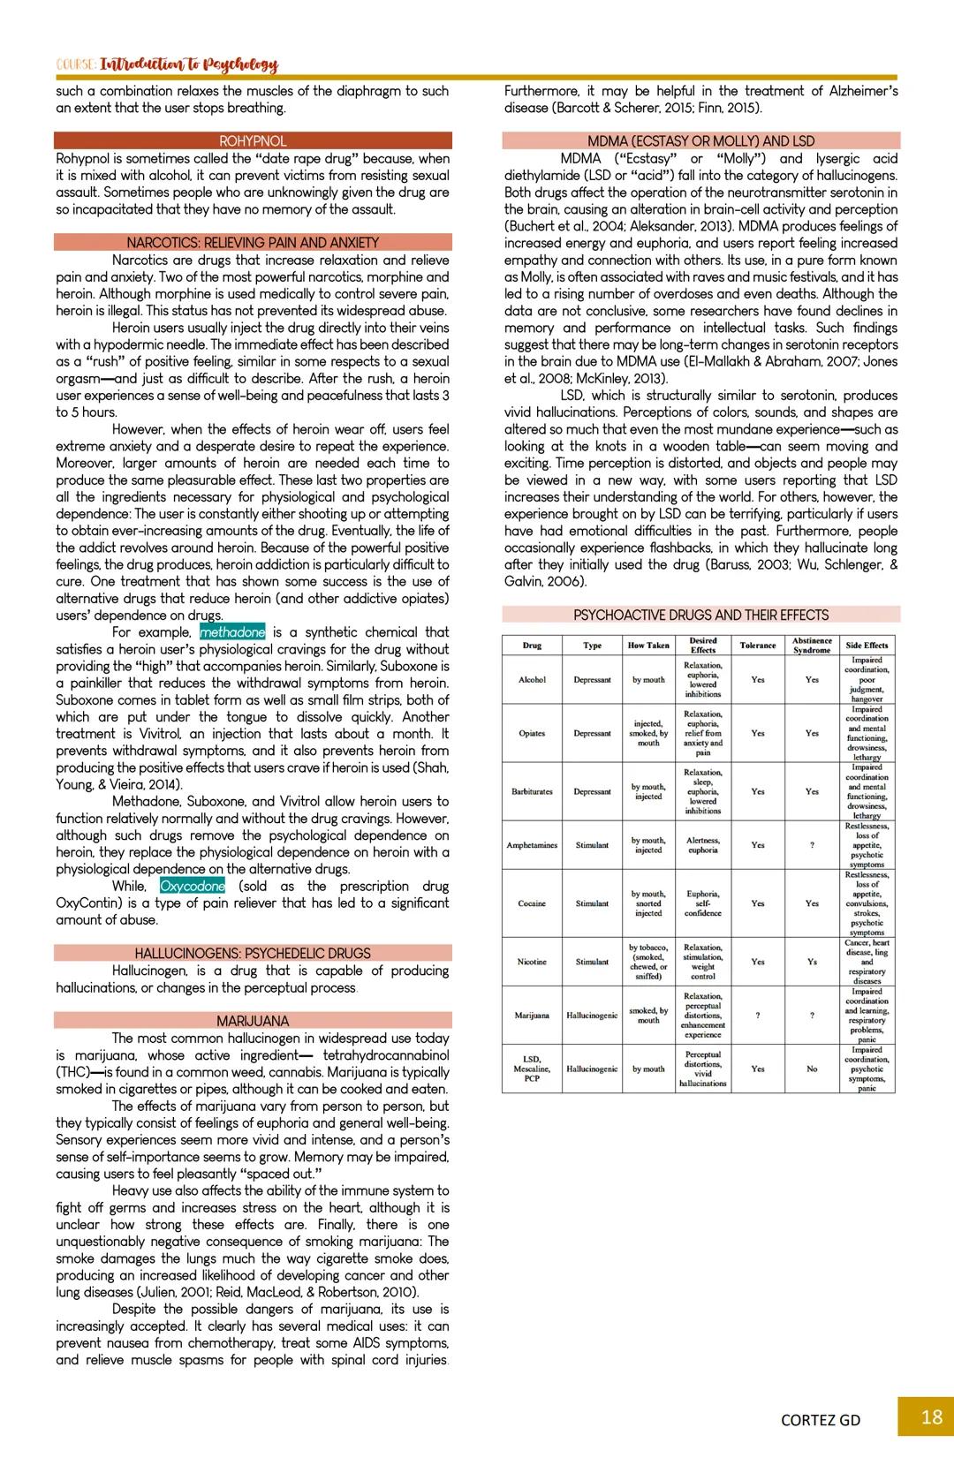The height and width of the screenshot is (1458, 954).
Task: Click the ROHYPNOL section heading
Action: point(253,141)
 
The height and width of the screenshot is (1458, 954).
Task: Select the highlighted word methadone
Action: point(232,632)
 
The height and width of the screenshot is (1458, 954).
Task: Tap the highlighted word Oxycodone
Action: point(193,887)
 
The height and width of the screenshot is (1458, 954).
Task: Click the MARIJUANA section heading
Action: point(253,1022)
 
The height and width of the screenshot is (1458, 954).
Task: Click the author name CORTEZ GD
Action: point(821,1420)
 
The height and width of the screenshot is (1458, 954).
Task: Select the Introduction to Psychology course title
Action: point(188,65)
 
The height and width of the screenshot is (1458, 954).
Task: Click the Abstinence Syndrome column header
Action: point(811,646)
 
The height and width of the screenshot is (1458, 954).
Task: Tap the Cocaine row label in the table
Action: point(532,904)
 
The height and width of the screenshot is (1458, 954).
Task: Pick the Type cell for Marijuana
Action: point(592,1016)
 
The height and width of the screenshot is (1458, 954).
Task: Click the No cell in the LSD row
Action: point(811,1069)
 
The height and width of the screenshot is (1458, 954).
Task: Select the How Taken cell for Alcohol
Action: point(648,680)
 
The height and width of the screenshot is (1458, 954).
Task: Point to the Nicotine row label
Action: point(532,962)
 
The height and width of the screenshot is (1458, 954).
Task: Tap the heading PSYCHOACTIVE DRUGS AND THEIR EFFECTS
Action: point(700,616)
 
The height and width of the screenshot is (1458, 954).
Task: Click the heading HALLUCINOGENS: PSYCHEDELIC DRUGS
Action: point(253,954)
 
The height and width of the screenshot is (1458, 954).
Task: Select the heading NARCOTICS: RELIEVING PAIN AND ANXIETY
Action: point(253,243)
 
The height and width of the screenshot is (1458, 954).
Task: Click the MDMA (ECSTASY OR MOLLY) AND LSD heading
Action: point(700,141)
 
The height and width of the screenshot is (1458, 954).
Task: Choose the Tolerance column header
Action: point(757,646)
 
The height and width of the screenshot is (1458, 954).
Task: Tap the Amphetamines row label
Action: point(532,846)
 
